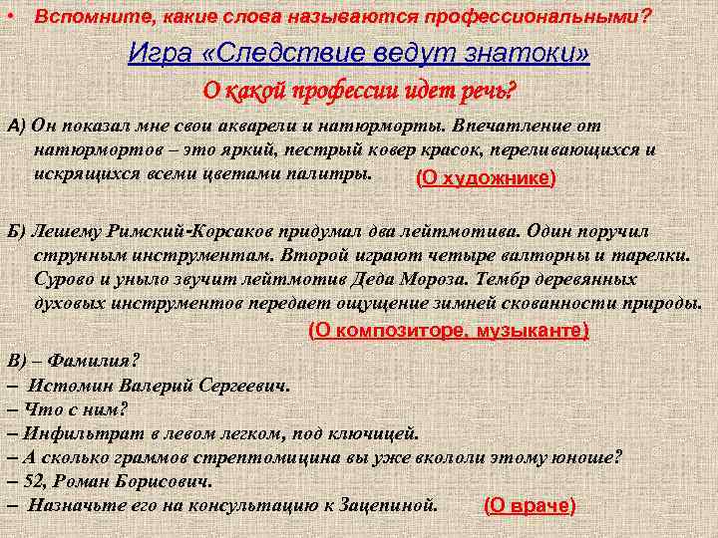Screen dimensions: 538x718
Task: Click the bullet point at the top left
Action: (11, 17)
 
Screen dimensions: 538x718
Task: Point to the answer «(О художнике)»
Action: (485, 178)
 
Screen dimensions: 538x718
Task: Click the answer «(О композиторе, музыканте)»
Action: (449, 330)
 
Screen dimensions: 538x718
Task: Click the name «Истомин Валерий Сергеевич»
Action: (159, 385)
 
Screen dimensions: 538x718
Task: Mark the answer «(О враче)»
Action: (530, 505)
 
